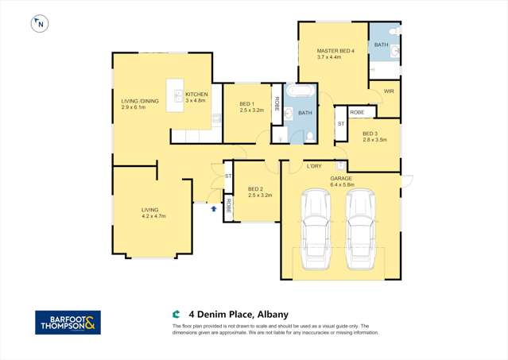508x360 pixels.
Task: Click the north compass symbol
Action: (39, 24)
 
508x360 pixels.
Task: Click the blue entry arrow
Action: (214, 209)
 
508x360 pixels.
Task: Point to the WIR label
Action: (389, 91)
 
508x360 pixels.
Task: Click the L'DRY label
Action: (313, 167)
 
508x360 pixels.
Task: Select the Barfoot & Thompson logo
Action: (68, 323)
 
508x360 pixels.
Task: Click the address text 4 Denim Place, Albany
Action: (231, 313)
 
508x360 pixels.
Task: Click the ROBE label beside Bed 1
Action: (277, 103)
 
